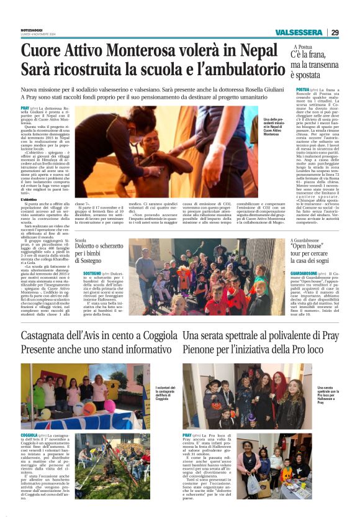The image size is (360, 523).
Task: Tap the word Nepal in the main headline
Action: pyautogui.click(x=245, y=51)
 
